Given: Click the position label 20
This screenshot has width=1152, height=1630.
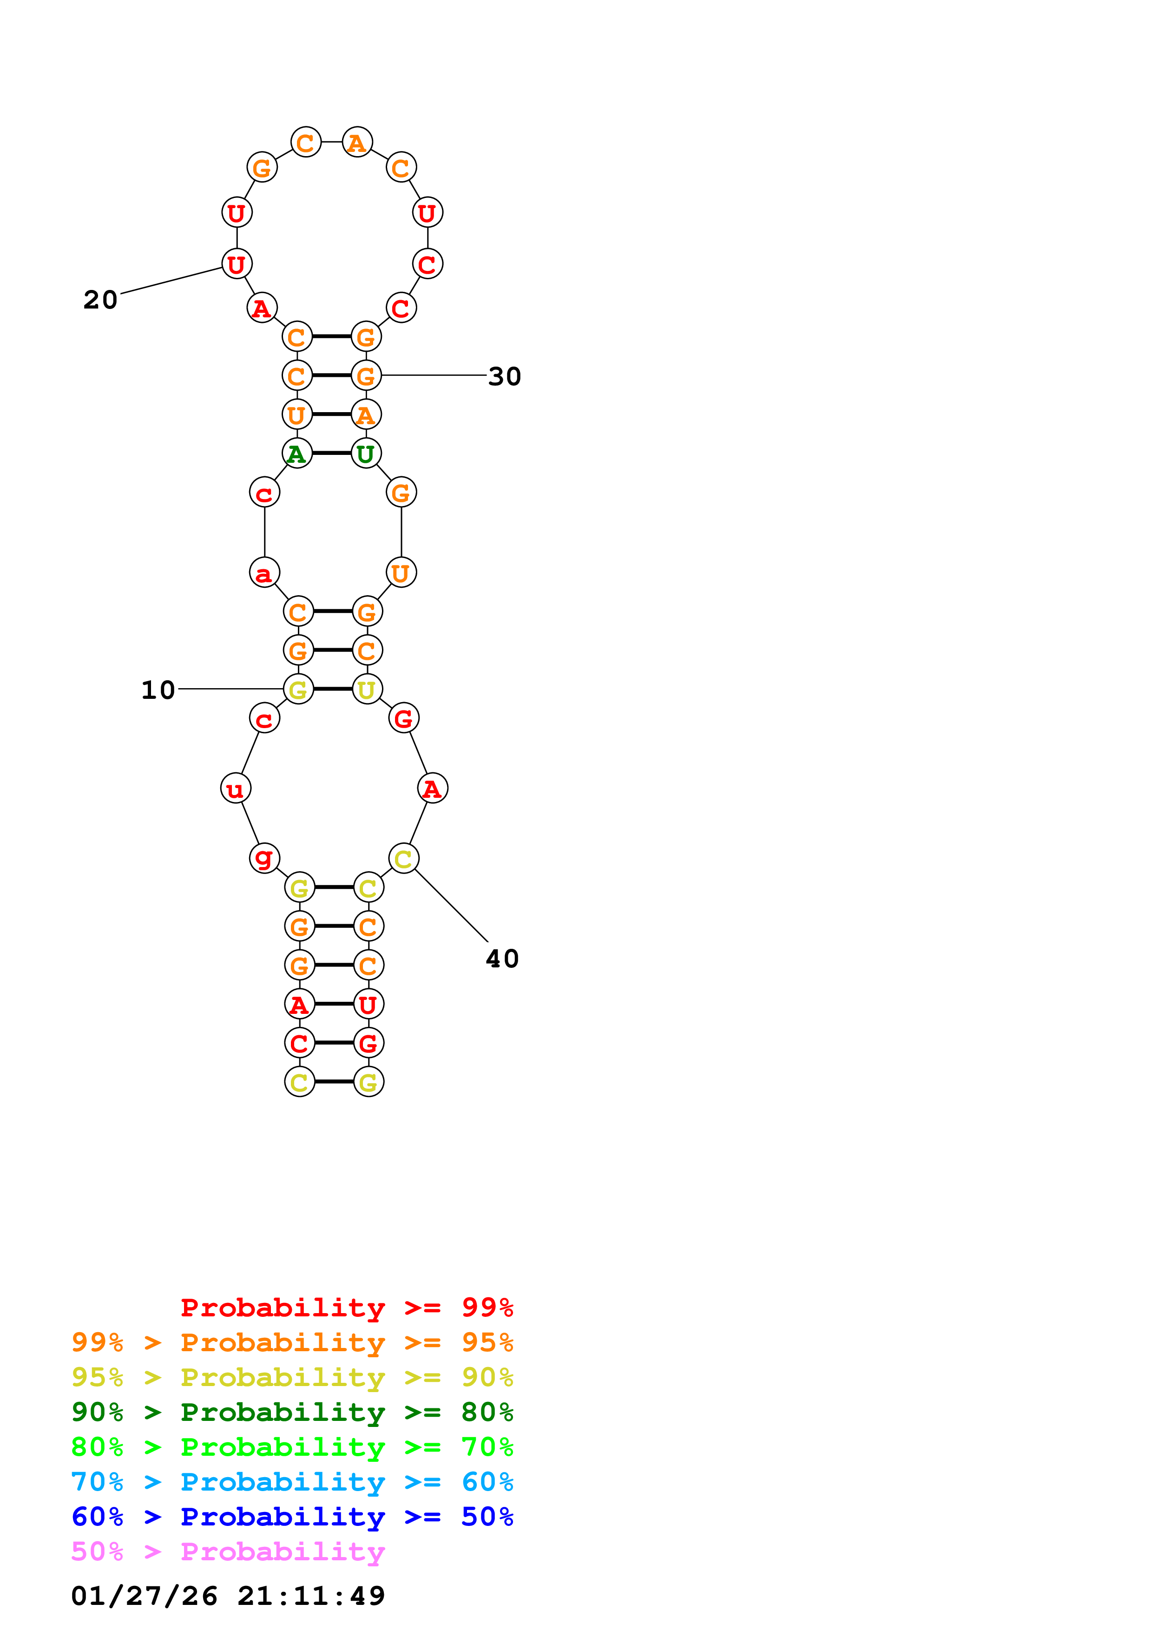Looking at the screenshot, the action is click(x=100, y=300).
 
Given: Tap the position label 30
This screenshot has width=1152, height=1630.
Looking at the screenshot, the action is click(x=505, y=376).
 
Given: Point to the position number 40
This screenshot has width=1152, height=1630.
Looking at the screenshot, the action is click(x=502, y=959).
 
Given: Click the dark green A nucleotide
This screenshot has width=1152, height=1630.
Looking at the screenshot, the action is click(x=296, y=453).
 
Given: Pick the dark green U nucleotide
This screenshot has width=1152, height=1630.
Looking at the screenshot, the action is click(x=366, y=453).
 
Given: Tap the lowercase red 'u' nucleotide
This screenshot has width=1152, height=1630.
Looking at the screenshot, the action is click(x=235, y=788).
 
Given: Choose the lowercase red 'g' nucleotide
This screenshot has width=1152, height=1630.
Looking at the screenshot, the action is click(x=264, y=858).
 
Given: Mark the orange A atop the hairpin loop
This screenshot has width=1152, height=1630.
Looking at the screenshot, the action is click(x=357, y=142).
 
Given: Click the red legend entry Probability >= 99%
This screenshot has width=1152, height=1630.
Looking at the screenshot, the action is click(x=346, y=1307).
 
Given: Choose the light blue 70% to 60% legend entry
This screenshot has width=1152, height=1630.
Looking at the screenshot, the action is click(x=292, y=1482).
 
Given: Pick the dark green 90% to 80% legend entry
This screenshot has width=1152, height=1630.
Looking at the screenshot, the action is click(x=292, y=1412).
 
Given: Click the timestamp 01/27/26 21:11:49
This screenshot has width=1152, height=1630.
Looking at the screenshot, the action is click(x=228, y=1596).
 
